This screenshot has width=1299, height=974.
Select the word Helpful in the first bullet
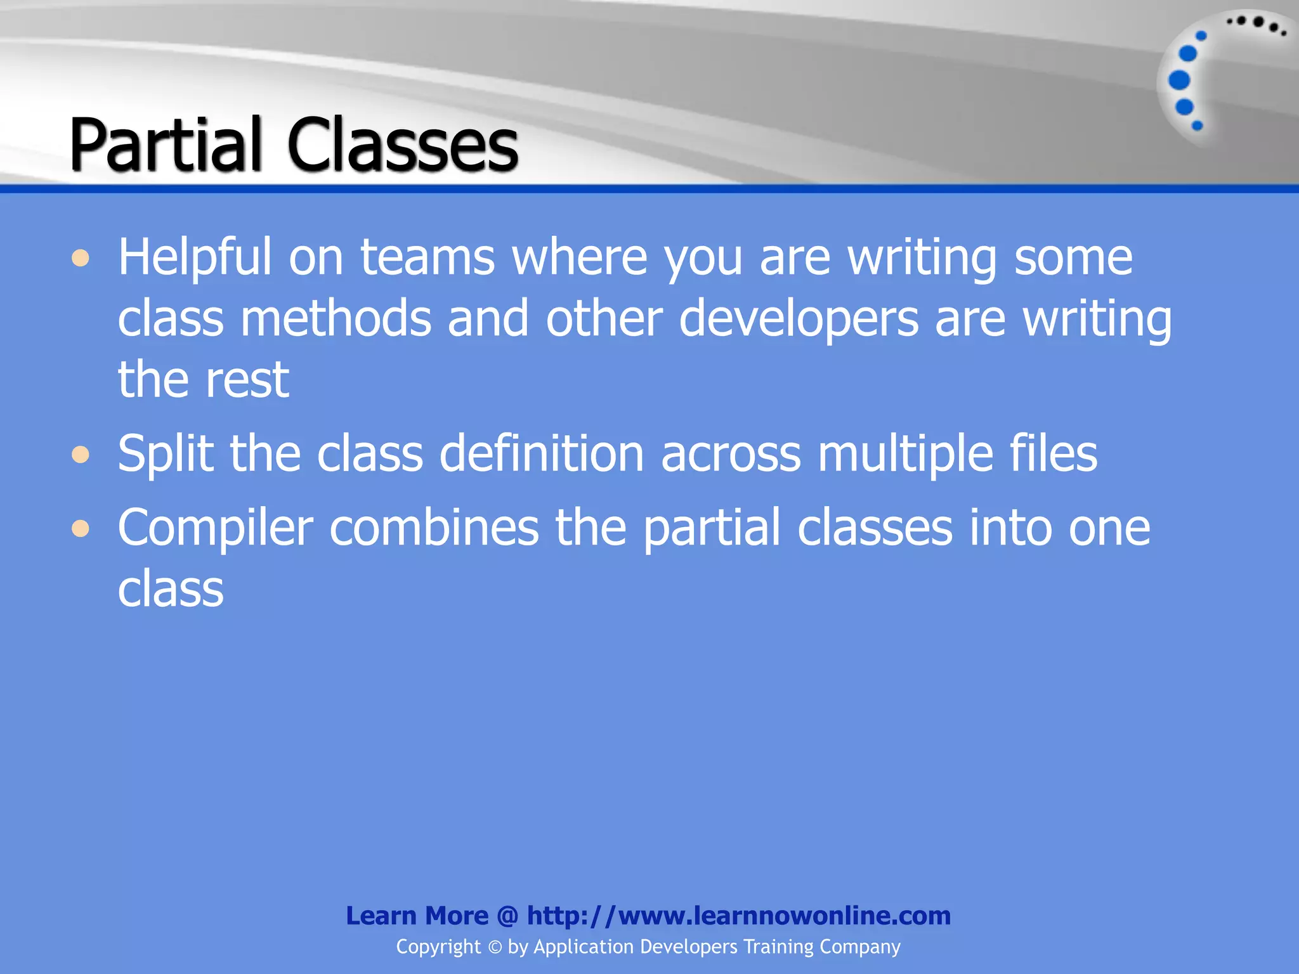[x=195, y=258]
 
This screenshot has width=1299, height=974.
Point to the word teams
[x=428, y=257]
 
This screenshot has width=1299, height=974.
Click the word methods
[x=336, y=318]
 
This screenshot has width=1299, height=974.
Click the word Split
[x=166, y=455]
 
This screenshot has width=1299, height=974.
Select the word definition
[x=542, y=453]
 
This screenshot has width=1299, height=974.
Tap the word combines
[x=434, y=528]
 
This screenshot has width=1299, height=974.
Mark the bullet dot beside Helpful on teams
[x=81, y=259]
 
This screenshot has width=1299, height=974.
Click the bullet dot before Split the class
[x=81, y=455]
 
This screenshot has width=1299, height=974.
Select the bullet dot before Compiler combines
[x=81, y=528]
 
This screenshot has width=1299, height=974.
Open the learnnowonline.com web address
[x=738, y=916]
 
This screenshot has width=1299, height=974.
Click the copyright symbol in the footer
[x=495, y=947]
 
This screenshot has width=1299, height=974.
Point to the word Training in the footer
[x=778, y=947]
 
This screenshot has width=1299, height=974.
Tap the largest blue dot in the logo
[x=1179, y=81]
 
